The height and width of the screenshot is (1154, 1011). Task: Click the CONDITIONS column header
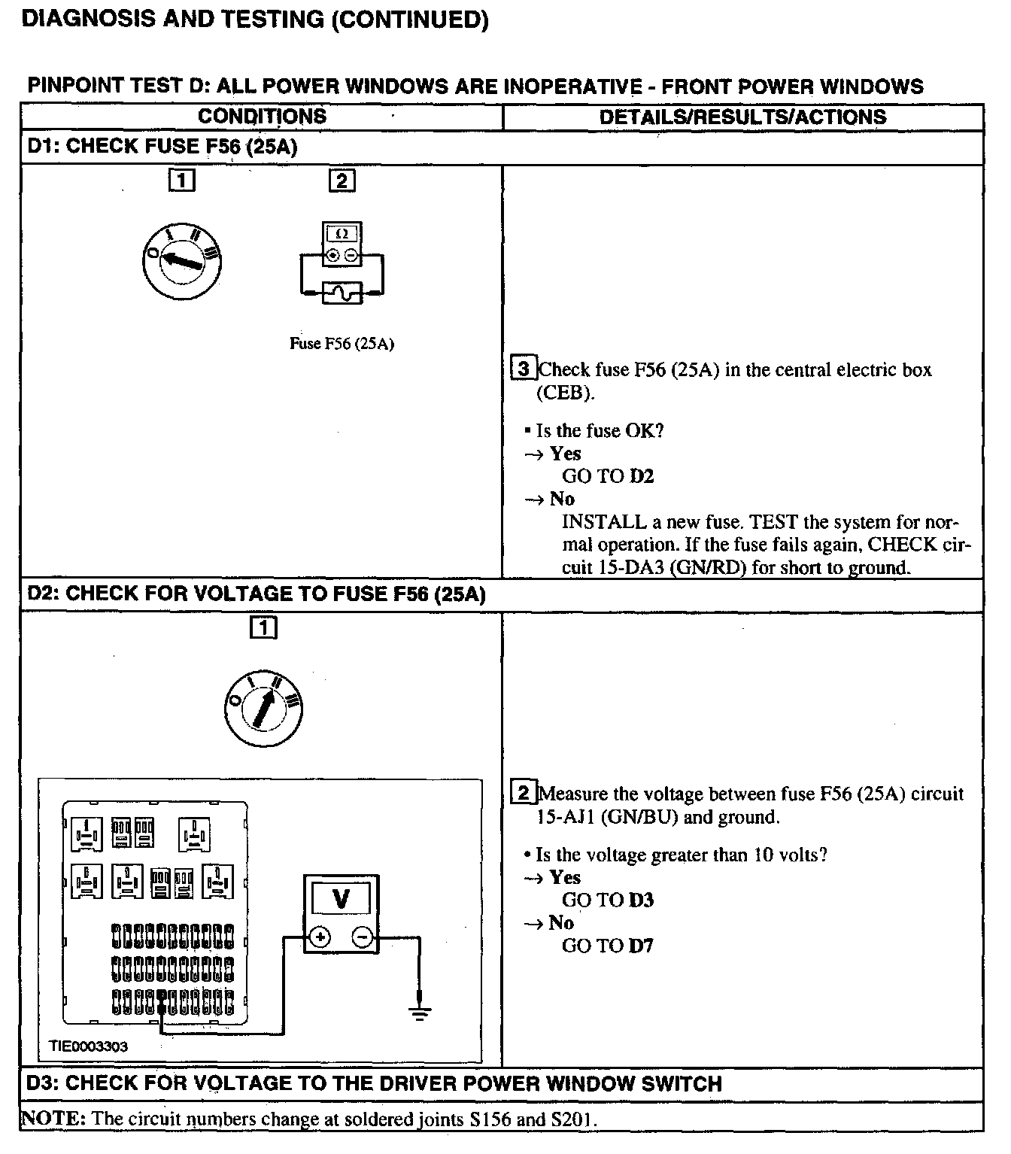262,117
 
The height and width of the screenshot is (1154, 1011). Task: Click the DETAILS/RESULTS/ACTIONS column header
742,117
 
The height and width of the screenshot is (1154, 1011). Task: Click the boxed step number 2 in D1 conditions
342,181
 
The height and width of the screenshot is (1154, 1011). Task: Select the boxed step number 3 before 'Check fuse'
524,369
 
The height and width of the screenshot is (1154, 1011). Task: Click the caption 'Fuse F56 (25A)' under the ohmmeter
342,344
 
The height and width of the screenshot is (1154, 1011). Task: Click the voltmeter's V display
341,899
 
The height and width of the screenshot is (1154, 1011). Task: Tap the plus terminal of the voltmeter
320,937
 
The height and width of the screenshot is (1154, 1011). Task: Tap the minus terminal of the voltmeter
362,937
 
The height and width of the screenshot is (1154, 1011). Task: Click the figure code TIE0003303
89,1046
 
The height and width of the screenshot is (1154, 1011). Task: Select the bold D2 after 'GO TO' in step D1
642,476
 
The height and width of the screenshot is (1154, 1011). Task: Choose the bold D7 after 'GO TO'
642,946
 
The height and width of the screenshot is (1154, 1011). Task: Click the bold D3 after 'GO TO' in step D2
642,900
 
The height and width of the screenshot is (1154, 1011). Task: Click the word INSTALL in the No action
604,522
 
